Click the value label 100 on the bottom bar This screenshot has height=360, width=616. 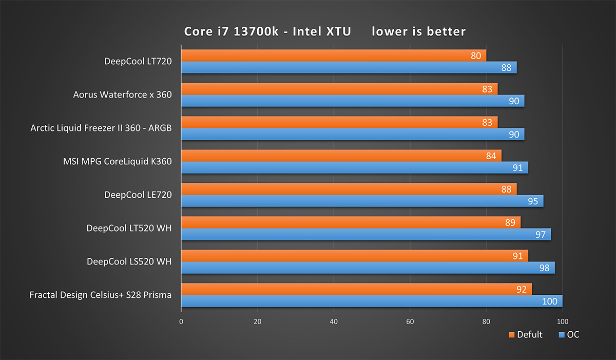549,301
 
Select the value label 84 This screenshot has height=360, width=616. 491,156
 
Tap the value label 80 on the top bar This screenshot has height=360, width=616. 476,55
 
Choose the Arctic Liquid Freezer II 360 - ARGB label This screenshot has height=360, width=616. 101,128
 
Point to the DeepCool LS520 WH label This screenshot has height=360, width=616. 129,261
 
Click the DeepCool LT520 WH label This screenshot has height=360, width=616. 129,228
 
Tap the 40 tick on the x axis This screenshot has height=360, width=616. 334,322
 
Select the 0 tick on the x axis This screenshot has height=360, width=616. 181,322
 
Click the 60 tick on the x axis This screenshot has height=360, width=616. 410,322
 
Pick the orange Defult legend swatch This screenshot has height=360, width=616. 511,335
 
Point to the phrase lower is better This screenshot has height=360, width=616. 418,32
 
